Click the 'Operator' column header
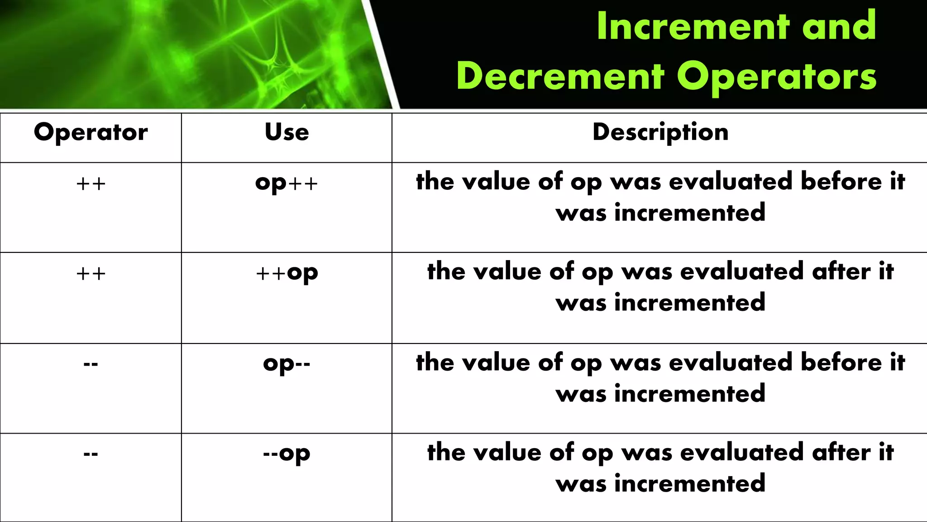pos(91,133)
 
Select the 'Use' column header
pos(287,133)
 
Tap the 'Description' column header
pos(660,133)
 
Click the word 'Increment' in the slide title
pos(693,26)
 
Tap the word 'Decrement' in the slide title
pos(560,76)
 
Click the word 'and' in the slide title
pos(839,26)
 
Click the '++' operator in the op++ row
pos(91,184)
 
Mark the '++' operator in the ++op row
pos(91,274)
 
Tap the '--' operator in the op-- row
pos(91,364)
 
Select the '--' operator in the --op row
pos(91,454)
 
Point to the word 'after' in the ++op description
pos(841,271)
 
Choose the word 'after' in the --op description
pos(841,452)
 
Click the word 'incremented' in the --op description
pos(689,483)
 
